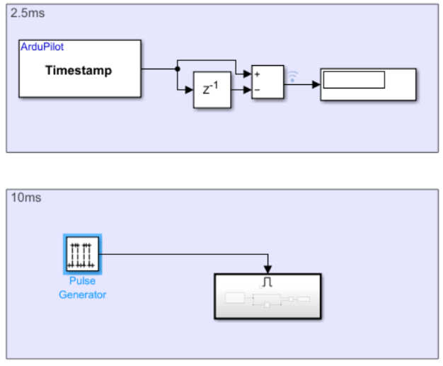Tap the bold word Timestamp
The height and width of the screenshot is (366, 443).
tap(79, 70)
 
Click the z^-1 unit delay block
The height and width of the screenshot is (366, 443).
tap(212, 90)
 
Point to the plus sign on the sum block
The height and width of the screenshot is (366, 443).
tap(257, 74)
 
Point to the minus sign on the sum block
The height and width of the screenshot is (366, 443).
tap(257, 91)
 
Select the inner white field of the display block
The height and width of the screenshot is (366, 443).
tap(354, 79)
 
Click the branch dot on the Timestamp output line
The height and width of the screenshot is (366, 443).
tap(176, 69)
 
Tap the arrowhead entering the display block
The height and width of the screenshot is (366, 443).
tap(316, 84)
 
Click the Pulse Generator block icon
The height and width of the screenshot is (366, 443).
tap(83, 253)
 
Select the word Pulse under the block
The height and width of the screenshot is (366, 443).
tap(82, 281)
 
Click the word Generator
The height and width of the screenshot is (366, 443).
tap(82, 294)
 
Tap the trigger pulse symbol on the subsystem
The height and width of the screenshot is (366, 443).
tap(268, 282)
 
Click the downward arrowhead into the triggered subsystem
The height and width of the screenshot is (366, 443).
tap(268, 270)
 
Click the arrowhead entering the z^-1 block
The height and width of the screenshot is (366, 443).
tap(190, 90)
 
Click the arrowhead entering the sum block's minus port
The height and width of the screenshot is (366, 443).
tap(247, 90)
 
